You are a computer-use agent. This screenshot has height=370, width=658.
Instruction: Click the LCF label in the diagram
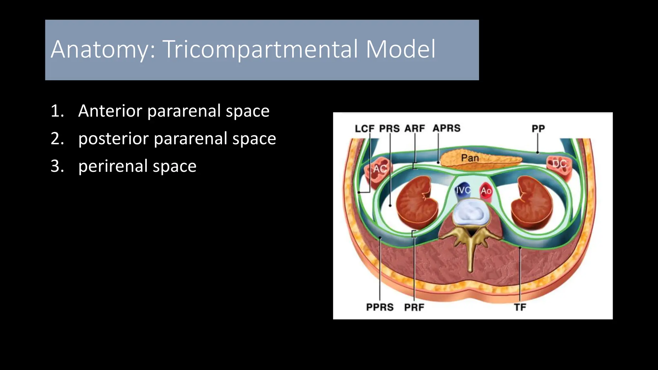(364, 128)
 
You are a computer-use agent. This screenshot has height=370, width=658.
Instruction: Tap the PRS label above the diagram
(389, 128)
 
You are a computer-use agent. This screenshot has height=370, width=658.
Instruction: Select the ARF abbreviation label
(414, 128)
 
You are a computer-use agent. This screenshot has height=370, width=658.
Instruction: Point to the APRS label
(446, 128)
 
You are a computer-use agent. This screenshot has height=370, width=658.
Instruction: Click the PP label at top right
(538, 128)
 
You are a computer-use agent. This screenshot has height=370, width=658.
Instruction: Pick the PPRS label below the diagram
(380, 307)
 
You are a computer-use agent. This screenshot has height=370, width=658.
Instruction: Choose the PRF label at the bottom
(414, 307)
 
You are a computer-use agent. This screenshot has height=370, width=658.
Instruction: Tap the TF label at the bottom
(520, 307)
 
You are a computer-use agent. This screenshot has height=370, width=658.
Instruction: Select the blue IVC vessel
(463, 190)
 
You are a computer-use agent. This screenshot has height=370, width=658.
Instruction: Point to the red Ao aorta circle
(486, 191)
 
